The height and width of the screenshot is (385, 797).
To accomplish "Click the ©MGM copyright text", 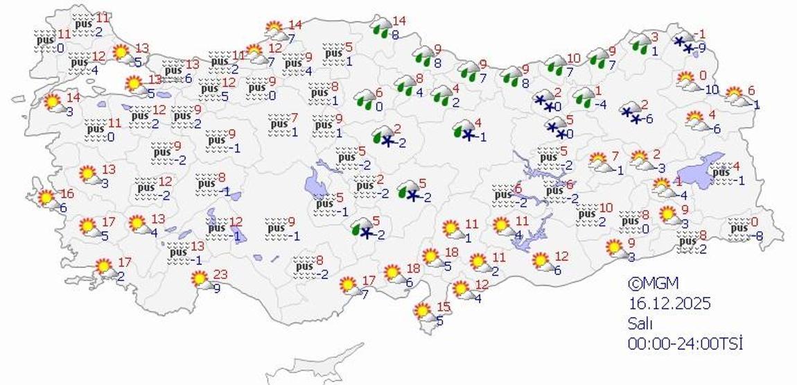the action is tap(653, 283).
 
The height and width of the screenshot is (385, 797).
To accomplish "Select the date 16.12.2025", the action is tap(670, 303).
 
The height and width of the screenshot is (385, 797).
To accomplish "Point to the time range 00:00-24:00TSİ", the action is tap(685, 343).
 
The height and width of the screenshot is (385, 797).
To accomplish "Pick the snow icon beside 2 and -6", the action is tap(631, 114).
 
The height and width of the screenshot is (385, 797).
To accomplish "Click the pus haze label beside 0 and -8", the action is tap(739, 228).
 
